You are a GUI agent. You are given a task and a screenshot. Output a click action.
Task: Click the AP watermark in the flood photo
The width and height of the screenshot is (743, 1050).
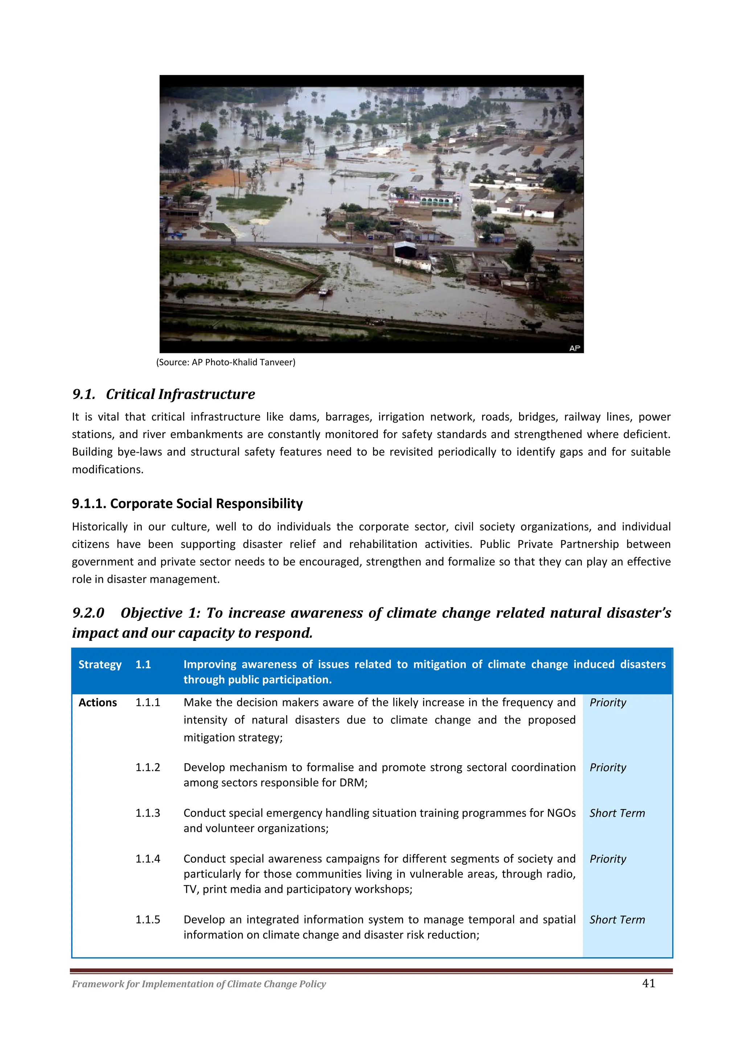click(575, 348)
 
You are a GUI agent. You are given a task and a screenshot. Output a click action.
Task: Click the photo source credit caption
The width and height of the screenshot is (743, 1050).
click(226, 362)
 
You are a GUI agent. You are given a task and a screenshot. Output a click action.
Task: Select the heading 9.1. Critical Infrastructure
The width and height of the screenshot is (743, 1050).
click(163, 394)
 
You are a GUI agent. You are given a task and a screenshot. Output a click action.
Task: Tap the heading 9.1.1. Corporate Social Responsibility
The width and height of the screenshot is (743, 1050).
click(187, 503)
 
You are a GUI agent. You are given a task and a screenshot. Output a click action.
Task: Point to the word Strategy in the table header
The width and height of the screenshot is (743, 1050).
click(100, 664)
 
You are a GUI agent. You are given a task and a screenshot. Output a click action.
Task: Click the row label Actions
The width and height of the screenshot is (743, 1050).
click(98, 703)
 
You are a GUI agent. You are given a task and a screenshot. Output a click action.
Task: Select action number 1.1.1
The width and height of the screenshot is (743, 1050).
click(147, 703)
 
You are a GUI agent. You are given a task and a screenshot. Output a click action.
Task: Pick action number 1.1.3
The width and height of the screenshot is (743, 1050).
click(147, 813)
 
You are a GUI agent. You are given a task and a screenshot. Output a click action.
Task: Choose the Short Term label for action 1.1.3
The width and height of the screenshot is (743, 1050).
click(617, 813)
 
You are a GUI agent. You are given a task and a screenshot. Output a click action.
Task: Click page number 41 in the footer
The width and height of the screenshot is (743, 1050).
click(648, 983)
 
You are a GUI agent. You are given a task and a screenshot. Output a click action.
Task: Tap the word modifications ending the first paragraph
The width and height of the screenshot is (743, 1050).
click(107, 469)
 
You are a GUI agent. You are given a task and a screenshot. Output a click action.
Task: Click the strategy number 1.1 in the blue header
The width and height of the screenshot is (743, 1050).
click(143, 664)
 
